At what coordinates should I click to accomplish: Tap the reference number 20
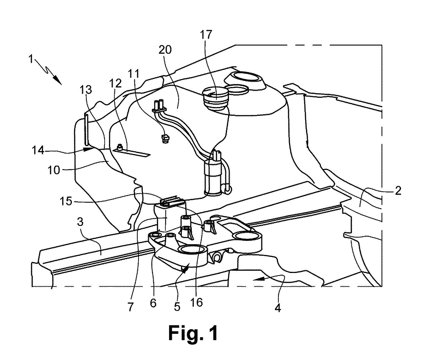click(165, 50)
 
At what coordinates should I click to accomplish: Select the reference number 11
click(134, 74)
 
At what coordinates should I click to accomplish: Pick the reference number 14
click(38, 150)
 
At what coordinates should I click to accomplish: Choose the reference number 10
click(54, 170)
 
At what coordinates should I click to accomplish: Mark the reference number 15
click(66, 201)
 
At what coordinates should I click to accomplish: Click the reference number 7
click(130, 307)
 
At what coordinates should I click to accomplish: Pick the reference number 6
click(153, 303)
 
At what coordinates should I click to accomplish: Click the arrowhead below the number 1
click(58, 80)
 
